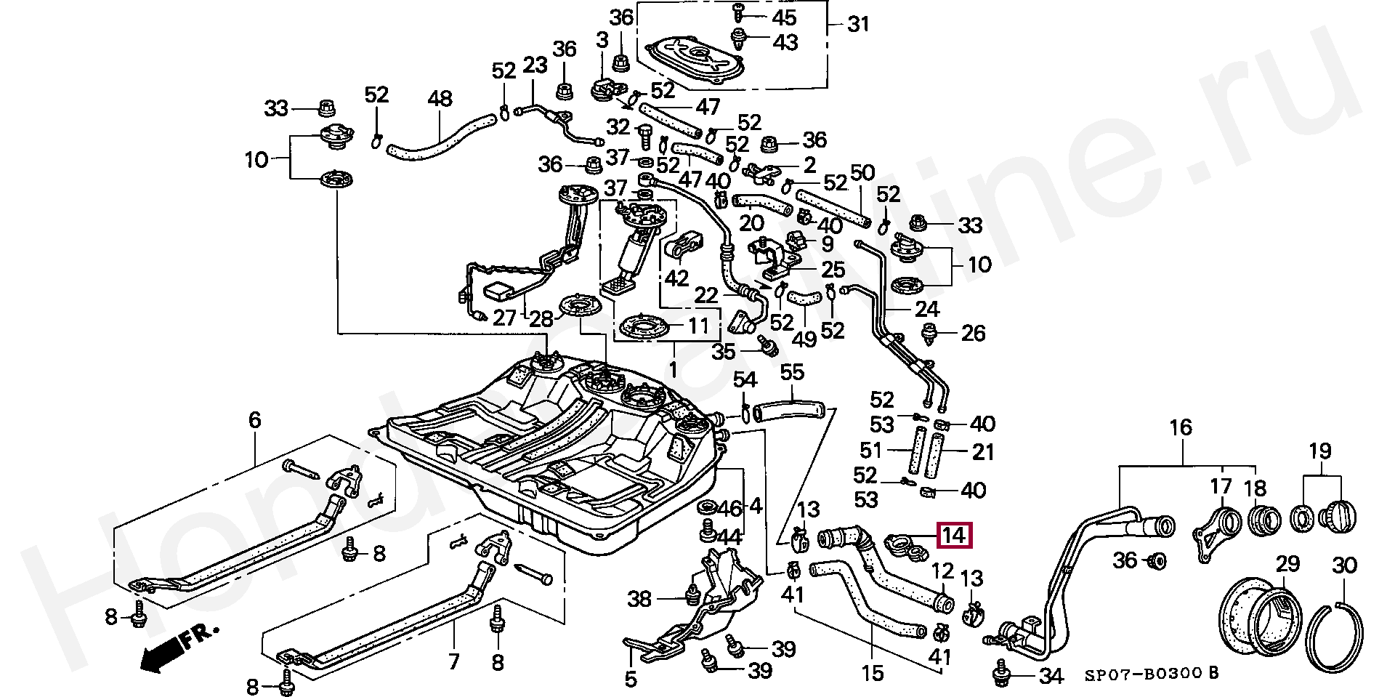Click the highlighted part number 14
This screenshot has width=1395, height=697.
coord(953,536)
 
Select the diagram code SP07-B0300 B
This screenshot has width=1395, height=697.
coord(1151,674)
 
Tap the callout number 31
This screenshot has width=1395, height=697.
coord(858,25)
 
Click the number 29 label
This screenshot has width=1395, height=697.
coord(1287,565)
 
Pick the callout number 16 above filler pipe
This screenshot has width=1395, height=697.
coord(1181,428)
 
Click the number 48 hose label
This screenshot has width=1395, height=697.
coord(440,99)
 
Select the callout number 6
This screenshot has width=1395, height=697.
coord(254,420)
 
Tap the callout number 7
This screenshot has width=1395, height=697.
coord(454,661)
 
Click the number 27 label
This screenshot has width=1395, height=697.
coord(504,318)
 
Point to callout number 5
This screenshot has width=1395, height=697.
coord(631,679)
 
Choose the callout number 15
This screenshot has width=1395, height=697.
coord(873,673)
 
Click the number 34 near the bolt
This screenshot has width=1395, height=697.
coord(1051,677)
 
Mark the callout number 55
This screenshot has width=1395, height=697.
coord(792,373)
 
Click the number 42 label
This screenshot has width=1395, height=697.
coord(676,278)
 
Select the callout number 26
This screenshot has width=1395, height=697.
coord(973,334)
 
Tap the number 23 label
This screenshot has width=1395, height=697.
coord(535,65)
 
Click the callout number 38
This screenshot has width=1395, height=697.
coord(639,599)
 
